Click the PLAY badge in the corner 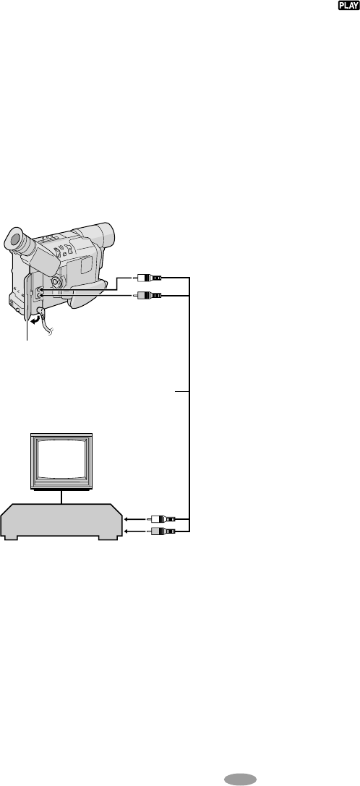(348, 6)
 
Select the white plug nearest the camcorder (148, 277)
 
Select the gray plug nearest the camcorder (148, 296)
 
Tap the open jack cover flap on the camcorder (27, 301)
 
